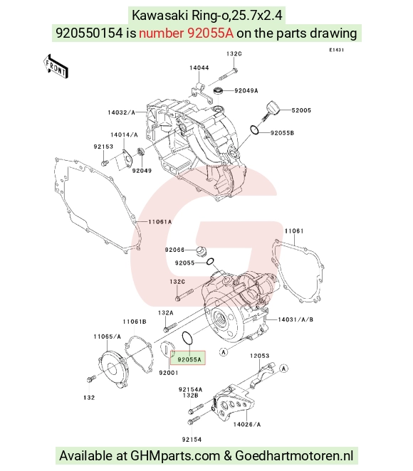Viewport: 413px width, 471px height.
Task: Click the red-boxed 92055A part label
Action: pos(189,359)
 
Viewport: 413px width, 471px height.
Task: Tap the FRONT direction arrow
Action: pos(56,66)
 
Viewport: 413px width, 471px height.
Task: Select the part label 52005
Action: pos(301,110)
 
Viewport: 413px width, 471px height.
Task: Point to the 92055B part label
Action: pos(282,133)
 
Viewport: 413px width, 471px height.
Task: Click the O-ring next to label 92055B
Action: pos(255,129)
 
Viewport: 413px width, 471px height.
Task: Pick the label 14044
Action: pos(199,68)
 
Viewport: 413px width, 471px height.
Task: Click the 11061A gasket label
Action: pos(160,222)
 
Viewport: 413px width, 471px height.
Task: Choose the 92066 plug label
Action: pos(174,250)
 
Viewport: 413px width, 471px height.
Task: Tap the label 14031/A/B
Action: pos(296,319)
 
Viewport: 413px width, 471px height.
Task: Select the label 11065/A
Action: pos(107,337)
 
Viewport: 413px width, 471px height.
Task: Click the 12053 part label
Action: pos(260,356)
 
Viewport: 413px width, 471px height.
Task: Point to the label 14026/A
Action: pos(247,424)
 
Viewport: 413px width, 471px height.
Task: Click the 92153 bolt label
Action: pos(103,147)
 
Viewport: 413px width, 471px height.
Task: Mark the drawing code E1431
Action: pos(336,50)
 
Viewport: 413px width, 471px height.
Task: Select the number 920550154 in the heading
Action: pos(90,33)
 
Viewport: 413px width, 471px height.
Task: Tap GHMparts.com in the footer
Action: pos(175,455)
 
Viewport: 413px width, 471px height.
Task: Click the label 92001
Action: pos(169,373)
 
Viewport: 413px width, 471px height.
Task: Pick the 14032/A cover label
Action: pos(122,112)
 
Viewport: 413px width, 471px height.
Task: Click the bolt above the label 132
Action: pos(90,379)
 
